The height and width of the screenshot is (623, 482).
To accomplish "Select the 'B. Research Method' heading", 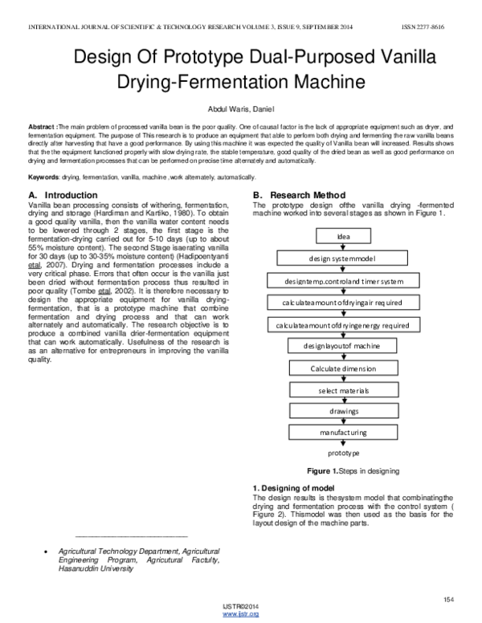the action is (299, 196).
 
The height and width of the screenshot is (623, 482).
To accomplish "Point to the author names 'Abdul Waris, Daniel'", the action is (241, 109).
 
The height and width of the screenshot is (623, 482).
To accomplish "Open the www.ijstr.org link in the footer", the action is (240, 614).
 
